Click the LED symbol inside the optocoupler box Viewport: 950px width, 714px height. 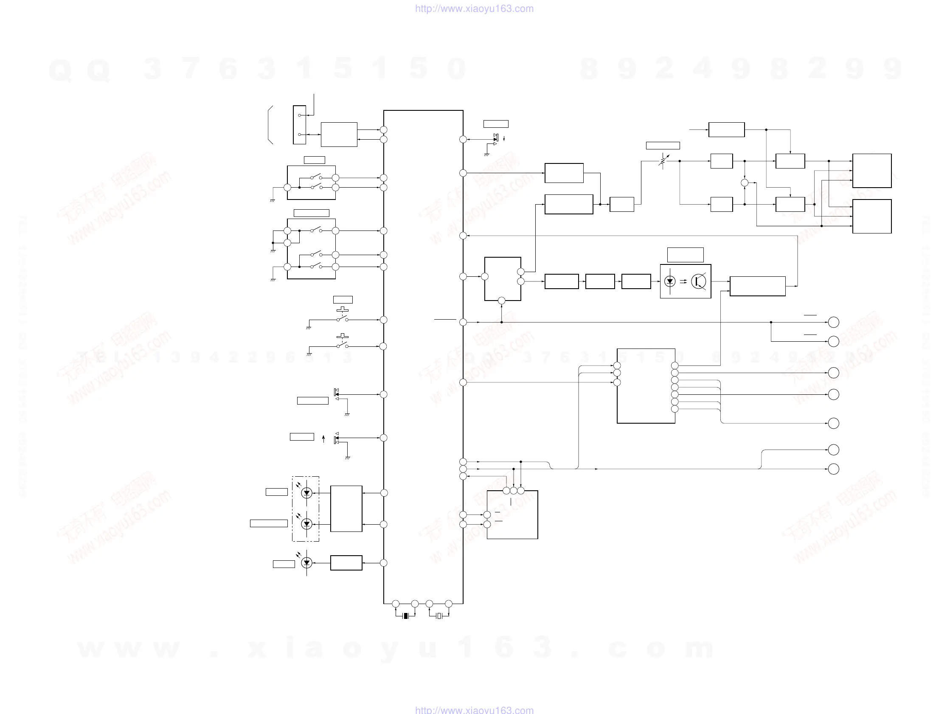pyautogui.click(x=669, y=281)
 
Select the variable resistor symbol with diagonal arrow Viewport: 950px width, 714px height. pyautogui.click(x=663, y=161)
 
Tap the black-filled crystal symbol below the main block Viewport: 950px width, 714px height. pyautogui.click(x=406, y=616)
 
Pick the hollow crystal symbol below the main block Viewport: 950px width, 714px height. pyautogui.click(x=439, y=616)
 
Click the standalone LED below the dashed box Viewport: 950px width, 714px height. pyautogui.click(x=306, y=563)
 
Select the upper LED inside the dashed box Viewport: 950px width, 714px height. pyautogui.click(x=306, y=493)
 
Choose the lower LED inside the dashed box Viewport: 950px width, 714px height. pyautogui.click(x=306, y=524)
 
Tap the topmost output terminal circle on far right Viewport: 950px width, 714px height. pyautogui.click(x=834, y=322)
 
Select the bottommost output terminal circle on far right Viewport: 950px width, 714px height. pyautogui.click(x=834, y=469)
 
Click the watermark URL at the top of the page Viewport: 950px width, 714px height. pyautogui.click(x=474, y=8)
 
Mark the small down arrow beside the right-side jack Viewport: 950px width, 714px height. pyautogui.click(x=504, y=139)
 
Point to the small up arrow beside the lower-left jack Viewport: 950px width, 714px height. pyautogui.click(x=323, y=439)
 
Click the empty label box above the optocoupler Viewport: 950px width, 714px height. pyautogui.click(x=685, y=255)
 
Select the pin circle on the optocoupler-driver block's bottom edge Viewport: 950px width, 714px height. pyautogui.click(x=501, y=301)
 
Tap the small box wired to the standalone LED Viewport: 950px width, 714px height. pyautogui.click(x=346, y=563)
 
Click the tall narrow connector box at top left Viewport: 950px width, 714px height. pyautogui.click(x=299, y=124)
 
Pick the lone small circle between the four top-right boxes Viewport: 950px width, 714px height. pyautogui.click(x=745, y=183)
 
